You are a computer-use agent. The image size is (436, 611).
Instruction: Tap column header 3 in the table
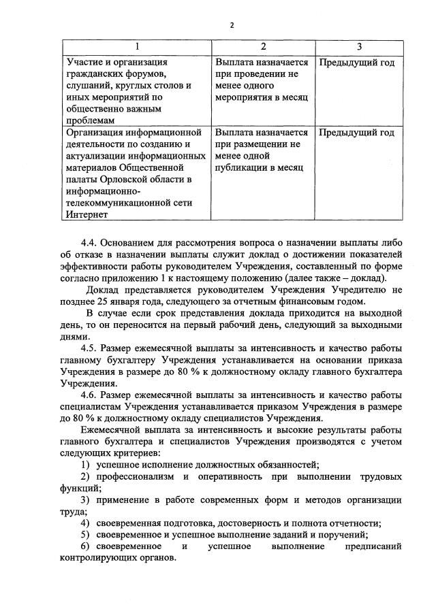[359, 46]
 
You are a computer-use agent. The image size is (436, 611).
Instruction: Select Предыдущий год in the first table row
[356, 63]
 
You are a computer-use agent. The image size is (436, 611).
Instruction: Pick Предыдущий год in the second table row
[356, 132]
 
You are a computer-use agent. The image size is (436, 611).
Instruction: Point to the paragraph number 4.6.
[91, 395]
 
